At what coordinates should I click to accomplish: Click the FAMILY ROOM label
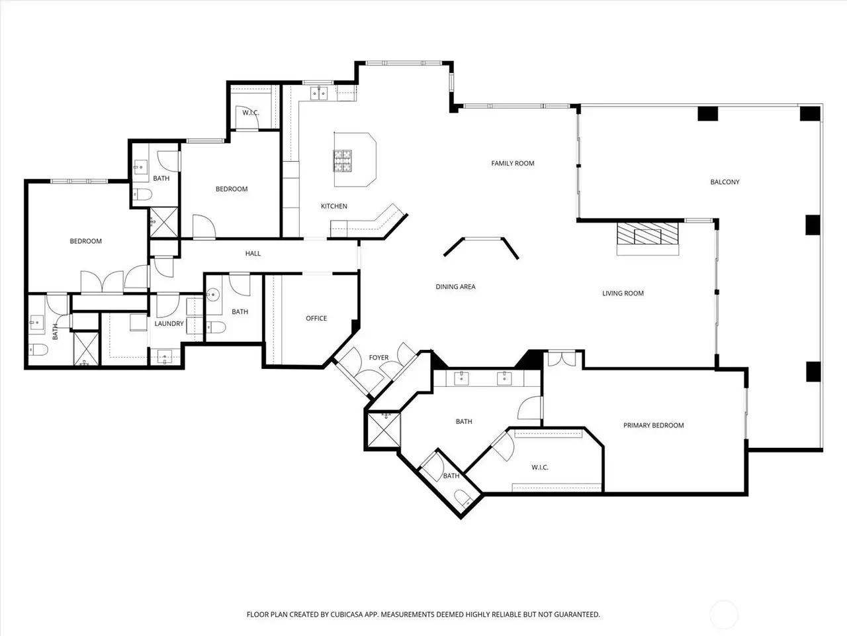512,164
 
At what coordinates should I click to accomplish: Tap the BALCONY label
725,182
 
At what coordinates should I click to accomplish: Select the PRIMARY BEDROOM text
653,425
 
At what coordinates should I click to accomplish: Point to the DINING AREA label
455,286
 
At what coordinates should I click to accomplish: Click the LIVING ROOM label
623,293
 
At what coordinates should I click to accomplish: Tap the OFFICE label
316,318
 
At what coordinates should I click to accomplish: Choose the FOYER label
379,358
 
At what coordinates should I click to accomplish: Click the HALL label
253,253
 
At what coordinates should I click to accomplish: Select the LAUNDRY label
169,323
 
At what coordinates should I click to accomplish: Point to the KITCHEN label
334,206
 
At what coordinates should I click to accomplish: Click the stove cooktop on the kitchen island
343,160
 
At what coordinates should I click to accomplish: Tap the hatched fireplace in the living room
648,233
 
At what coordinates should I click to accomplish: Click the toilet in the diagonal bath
463,498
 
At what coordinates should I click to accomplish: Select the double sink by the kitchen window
319,93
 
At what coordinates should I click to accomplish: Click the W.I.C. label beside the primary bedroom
540,467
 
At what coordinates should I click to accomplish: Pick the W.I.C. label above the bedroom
250,113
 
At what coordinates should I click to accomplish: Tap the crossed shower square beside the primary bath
384,430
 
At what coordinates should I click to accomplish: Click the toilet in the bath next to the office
216,327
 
